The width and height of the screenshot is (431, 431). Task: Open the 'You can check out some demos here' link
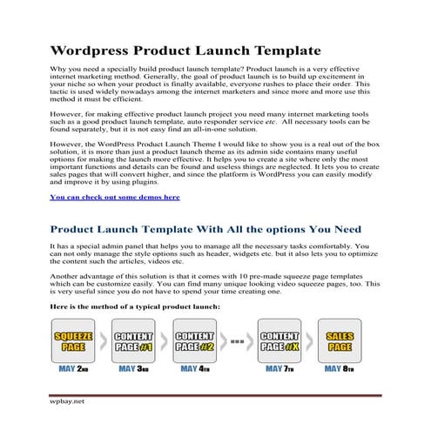tap(115, 198)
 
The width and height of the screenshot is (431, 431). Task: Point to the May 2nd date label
tap(73, 368)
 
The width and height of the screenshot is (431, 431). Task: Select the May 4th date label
tap(194, 368)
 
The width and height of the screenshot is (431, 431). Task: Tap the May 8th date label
tap(340, 368)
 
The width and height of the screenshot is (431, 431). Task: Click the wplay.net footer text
tap(67, 402)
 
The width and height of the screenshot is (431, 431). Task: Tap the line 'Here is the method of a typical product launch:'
tap(135, 306)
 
